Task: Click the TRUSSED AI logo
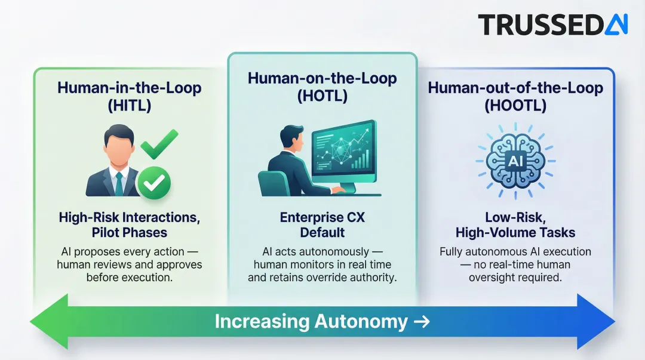[x=552, y=24]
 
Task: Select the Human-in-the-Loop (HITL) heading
[x=129, y=96]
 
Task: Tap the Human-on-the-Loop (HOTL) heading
[x=322, y=87]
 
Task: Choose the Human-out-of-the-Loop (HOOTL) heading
[x=515, y=97]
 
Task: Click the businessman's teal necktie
[x=119, y=183]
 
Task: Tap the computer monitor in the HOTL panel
[x=344, y=152]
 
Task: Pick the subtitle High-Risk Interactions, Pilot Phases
[x=129, y=224]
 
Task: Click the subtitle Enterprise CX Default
[x=322, y=224]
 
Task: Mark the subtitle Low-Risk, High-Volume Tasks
[x=515, y=224]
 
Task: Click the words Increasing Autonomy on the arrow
[x=311, y=322]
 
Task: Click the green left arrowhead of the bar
[x=48, y=322]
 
